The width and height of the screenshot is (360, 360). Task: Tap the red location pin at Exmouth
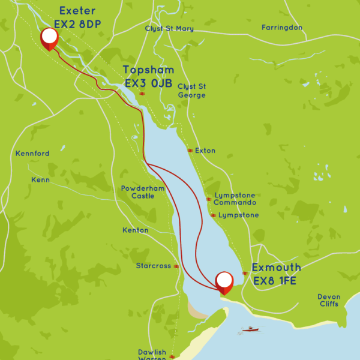pyautogui.click(x=224, y=281)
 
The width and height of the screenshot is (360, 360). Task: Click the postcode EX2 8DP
pyautogui.click(x=77, y=24)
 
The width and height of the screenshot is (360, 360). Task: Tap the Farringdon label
pyautogui.click(x=282, y=28)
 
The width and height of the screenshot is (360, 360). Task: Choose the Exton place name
pyautogui.click(x=205, y=151)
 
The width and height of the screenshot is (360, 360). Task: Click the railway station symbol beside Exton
pyautogui.click(x=190, y=151)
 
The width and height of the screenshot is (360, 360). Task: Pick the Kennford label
pyautogui.click(x=32, y=154)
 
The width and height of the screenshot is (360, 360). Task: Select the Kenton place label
pyautogui.click(x=135, y=230)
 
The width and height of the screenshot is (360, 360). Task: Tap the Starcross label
pyautogui.click(x=154, y=266)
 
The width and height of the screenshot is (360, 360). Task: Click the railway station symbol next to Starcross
pyautogui.click(x=176, y=266)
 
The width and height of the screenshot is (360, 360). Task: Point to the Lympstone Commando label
pyautogui.click(x=235, y=199)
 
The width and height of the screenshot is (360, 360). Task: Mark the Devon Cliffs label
pyautogui.click(x=329, y=300)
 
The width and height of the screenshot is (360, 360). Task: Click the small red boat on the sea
pyautogui.click(x=250, y=329)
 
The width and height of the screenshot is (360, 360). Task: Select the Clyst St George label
pyautogui.click(x=191, y=91)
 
